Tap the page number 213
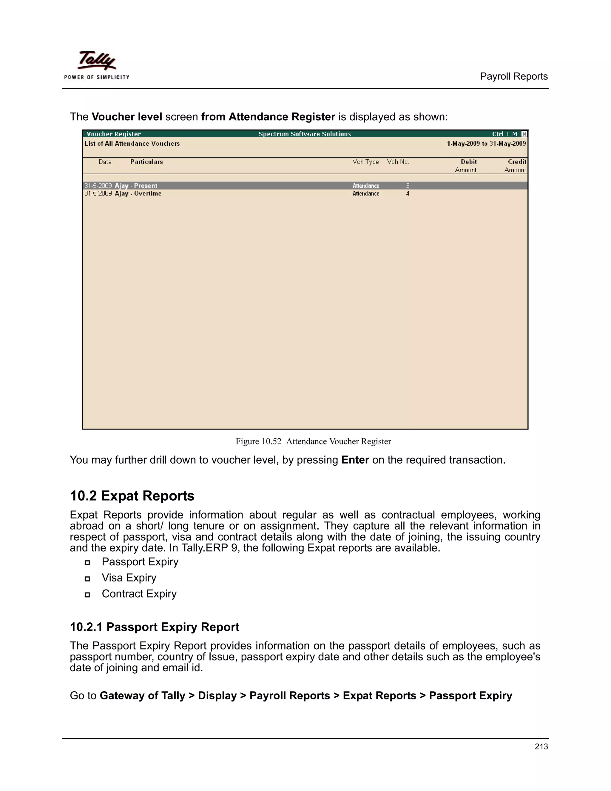[x=541, y=746]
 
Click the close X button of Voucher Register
[x=524, y=134]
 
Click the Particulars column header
[x=146, y=162]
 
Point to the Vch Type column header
[x=365, y=162]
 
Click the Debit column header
[x=468, y=162]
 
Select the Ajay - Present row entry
[x=136, y=186]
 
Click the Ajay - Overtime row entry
[x=138, y=193]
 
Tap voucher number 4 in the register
[x=408, y=193]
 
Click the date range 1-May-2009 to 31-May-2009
[x=486, y=143]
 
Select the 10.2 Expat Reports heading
[x=132, y=495]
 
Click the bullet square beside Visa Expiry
[x=87, y=579]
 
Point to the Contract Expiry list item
[x=139, y=594]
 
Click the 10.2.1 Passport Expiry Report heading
[x=154, y=627]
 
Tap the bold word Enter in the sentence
[x=355, y=460]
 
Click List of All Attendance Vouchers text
[x=132, y=143]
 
